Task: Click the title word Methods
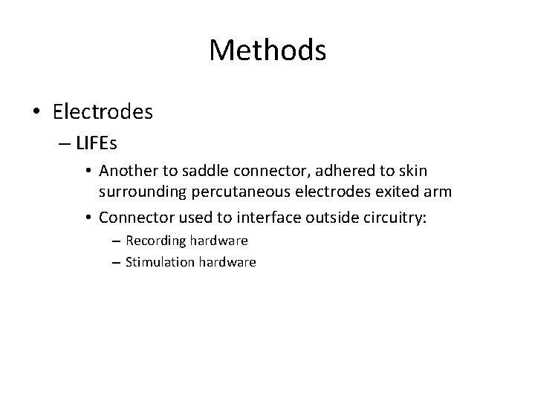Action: (x=267, y=50)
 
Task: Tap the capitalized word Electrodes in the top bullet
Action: (x=103, y=112)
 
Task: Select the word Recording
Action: (x=155, y=241)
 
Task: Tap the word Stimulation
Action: (x=159, y=261)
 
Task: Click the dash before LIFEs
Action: (x=61, y=143)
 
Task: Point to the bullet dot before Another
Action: (x=88, y=172)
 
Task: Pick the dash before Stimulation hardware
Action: (x=117, y=261)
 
